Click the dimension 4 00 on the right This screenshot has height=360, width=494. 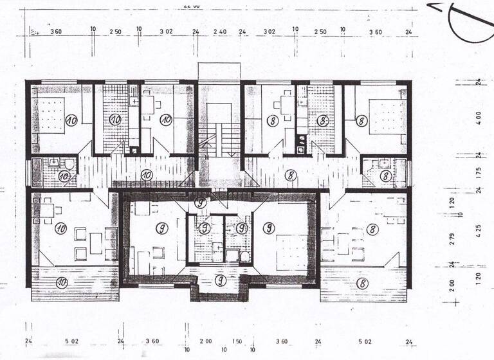(478, 120)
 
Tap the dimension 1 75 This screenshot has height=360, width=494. (478, 172)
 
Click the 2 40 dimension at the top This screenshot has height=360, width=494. (219, 31)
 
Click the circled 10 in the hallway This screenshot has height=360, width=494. (146, 174)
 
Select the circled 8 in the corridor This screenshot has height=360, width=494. (291, 174)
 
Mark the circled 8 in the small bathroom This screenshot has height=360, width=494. (385, 175)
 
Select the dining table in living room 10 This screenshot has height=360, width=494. (49, 210)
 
